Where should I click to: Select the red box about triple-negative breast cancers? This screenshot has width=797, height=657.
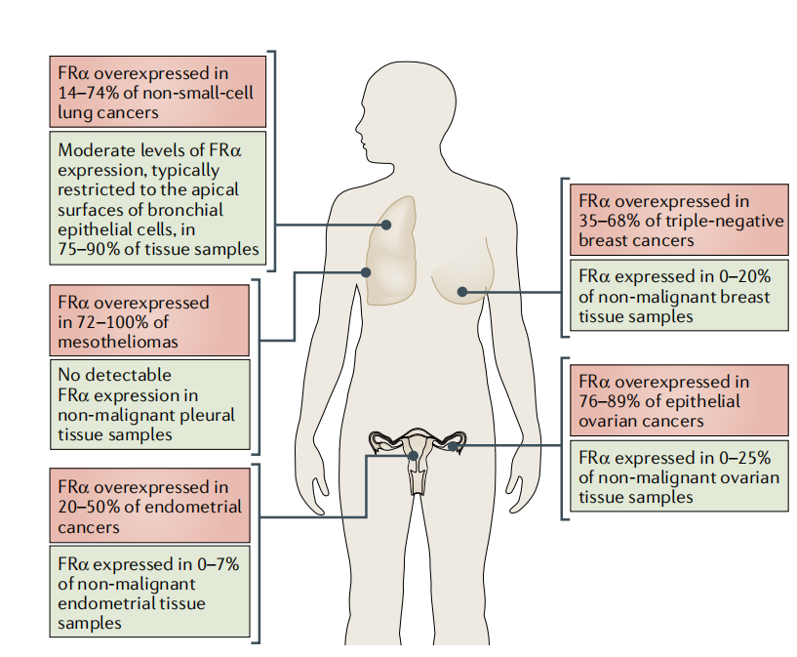pyautogui.click(x=678, y=220)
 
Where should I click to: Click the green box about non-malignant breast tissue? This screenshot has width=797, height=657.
pyautogui.click(x=678, y=296)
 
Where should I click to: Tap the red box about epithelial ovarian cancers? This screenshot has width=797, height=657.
pyautogui.click(x=678, y=400)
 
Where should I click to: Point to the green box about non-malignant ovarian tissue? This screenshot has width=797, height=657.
pyautogui.click(x=678, y=476)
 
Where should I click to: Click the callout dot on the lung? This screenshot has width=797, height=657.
pyautogui.click(x=387, y=225)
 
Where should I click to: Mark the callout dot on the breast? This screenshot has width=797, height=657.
pyautogui.click(x=462, y=291)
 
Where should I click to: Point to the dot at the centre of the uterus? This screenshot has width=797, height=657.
pyautogui.click(x=415, y=455)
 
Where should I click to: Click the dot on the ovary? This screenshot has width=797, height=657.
pyautogui.click(x=452, y=446)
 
